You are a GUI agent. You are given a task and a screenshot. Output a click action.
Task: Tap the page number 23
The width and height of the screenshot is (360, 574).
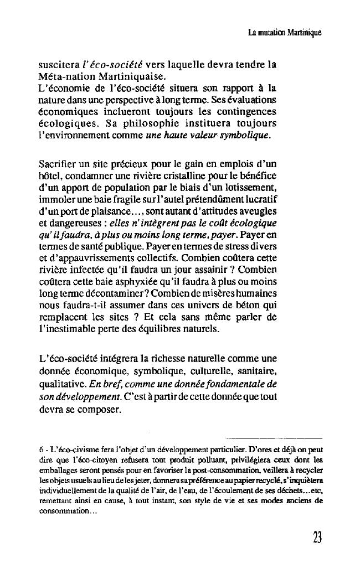point(317,537)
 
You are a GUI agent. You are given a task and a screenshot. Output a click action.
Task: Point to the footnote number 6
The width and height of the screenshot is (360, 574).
point(40,447)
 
